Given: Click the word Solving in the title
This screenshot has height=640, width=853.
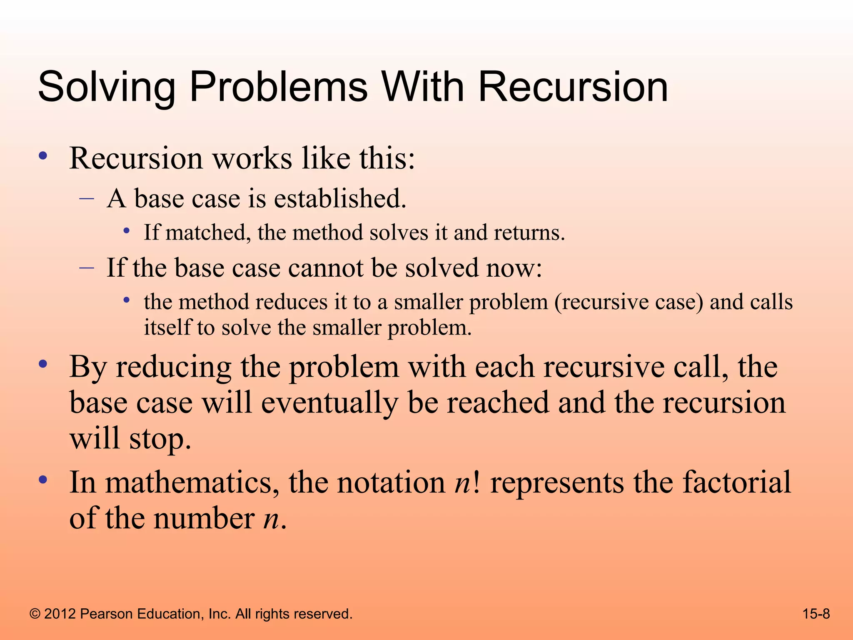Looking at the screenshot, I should [x=107, y=87].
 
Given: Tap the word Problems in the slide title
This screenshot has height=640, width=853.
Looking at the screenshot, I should [x=278, y=87].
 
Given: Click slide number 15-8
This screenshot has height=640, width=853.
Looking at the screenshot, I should [x=816, y=614].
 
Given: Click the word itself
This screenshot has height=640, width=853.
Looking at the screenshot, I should [x=167, y=327].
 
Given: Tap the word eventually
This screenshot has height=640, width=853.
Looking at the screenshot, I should [x=329, y=403].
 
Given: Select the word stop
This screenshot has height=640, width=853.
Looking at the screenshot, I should [x=160, y=439].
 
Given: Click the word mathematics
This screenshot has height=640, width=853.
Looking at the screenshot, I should [x=192, y=482].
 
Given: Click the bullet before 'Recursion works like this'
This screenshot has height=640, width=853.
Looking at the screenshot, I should [x=42, y=156].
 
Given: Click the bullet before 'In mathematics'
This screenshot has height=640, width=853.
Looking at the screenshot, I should [x=42, y=480].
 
